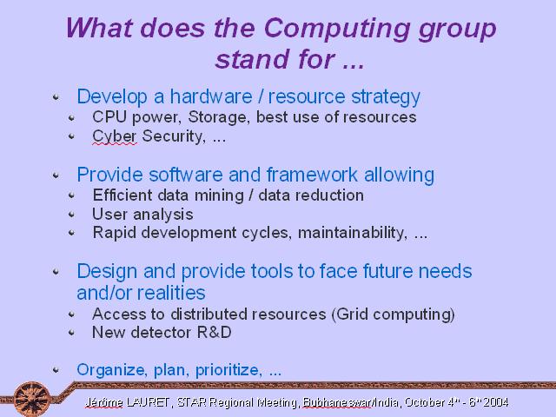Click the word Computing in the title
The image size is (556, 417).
tap(337, 30)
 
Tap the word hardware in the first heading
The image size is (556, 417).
tap(211, 96)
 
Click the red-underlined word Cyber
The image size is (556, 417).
tap(114, 137)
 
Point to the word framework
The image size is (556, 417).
tap(312, 175)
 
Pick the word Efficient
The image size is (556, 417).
tap(122, 195)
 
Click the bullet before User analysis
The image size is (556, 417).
tap(71, 215)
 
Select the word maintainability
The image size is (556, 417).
tap(352, 233)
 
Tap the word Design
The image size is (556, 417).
tap(107, 272)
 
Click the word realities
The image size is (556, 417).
tap(171, 293)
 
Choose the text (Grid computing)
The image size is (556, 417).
tap(393, 314)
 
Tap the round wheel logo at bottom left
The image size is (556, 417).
tap(32, 399)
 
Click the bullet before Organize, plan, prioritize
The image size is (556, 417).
tap(56, 370)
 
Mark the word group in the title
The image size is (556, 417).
tap(457, 30)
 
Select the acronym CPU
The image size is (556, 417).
tap(109, 117)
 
